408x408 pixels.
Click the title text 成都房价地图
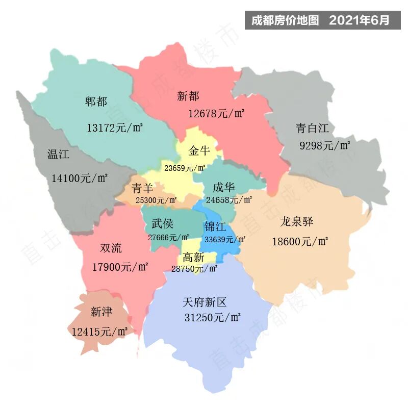pyautogui.click(x=285, y=20)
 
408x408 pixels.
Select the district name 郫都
pyautogui.click(x=96, y=101)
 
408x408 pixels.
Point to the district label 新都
pyautogui.click(x=188, y=95)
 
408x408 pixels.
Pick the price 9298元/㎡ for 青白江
pyautogui.click(x=325, y=146)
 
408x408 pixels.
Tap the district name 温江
pyautogui.click(x=58, y=154)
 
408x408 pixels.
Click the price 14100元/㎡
pyautogui.click(x=80, y=178)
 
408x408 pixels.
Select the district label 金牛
pyautogui.click(x=199, y=151)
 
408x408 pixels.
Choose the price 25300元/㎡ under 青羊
pyautogui.click(x=156, y=200)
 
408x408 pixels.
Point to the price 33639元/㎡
pyautogui.click(x=225, y=239)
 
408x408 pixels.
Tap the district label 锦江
pyautogui.click(x=216, y=226)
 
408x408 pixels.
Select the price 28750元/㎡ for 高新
pyautogui.click(x=194, y=269)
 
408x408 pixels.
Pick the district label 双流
pyautogui.click(x=111, y=248)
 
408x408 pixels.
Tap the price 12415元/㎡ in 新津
pyautogui.click(x=99, y=331)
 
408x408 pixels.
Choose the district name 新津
pyautogui.click(x=101, y=311)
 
